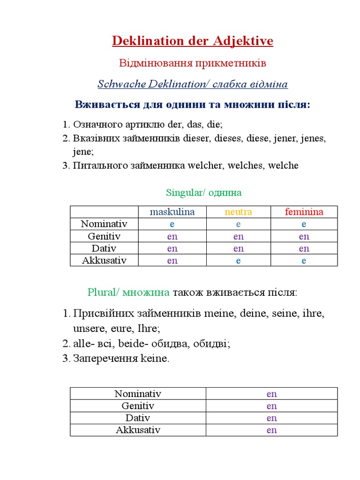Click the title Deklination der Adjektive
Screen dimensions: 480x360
pos(192,41)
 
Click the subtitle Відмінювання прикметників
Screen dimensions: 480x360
pos(192,63)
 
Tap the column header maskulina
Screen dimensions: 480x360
pos(172,212)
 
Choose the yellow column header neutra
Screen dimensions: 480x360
pos(238,212)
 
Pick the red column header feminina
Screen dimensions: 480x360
pos(304,212)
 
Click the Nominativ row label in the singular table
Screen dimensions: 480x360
pos(104,224)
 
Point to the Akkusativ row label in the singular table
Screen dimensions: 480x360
pos(104,260)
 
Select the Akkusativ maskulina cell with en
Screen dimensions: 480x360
pos(172,261)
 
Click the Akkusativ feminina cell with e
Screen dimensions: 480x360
pos(304,261)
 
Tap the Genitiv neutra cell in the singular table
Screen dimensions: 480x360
pos(238,236)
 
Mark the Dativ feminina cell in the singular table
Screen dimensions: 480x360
pos(304,248)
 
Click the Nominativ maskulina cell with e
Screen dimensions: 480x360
pos(172,224)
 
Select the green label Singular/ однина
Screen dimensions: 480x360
pos(203,193)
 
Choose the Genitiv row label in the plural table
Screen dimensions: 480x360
pos(138,406)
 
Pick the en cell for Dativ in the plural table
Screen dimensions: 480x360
pos(271,418)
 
